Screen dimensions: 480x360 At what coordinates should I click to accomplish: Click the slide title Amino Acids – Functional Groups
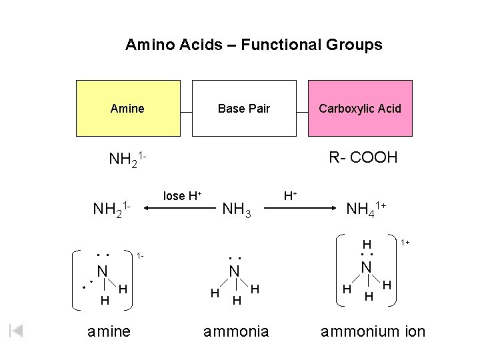253,45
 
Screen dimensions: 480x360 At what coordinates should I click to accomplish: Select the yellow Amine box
128,108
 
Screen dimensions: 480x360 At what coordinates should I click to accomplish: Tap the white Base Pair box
244,108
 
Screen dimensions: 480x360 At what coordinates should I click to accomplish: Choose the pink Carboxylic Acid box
360,108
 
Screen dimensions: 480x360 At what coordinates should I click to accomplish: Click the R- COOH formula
363,157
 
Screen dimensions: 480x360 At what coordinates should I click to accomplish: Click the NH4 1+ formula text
366,209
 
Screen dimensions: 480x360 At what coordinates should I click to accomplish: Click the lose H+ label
182,195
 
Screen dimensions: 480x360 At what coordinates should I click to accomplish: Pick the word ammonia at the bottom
236,331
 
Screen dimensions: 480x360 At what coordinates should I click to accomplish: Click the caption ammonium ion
373,331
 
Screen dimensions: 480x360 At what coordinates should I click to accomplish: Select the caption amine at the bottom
109,331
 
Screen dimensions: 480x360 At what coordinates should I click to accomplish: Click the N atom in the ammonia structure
234,271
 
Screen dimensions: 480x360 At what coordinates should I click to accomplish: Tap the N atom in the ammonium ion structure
366,267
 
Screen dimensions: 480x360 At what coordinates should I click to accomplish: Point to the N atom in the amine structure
102,271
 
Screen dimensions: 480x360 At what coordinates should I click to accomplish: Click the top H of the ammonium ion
366,245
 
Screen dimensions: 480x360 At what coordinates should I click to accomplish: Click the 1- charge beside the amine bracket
140,256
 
